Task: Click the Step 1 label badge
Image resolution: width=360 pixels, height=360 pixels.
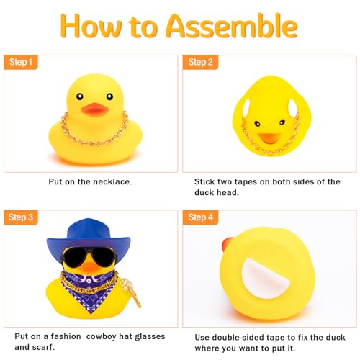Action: [20, 63]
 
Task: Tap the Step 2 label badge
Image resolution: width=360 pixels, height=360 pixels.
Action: [200, 63]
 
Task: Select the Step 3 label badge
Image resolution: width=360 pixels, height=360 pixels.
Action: [20, 217]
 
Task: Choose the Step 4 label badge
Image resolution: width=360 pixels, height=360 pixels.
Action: [200, 217]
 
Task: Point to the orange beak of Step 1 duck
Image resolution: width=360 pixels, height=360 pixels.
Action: [94, 110]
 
